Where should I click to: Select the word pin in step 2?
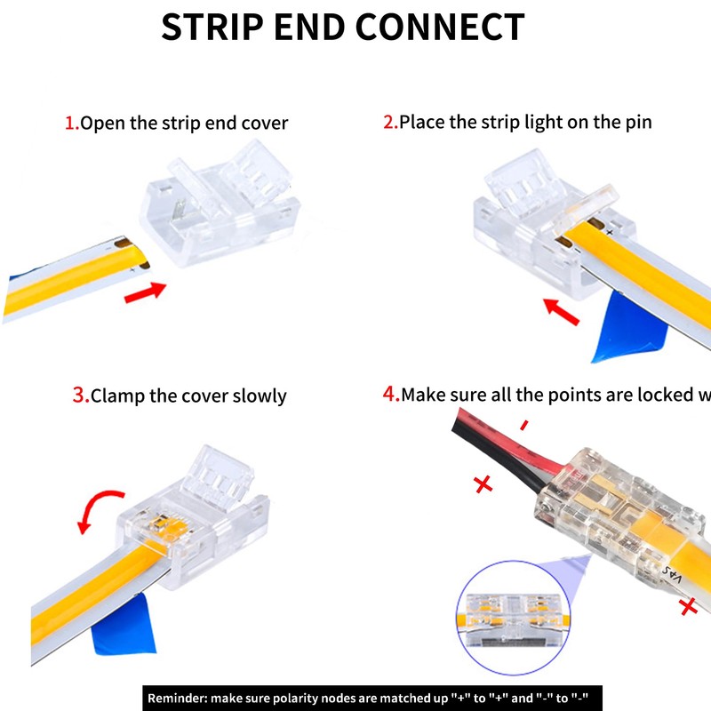point(636,122)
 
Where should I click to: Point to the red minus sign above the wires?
point(523,426)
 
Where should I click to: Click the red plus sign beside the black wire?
point(483,484)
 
